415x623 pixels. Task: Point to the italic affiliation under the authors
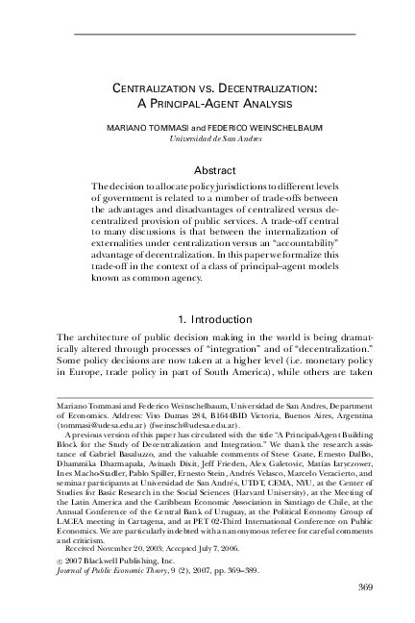207,138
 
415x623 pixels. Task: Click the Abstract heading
207,168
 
